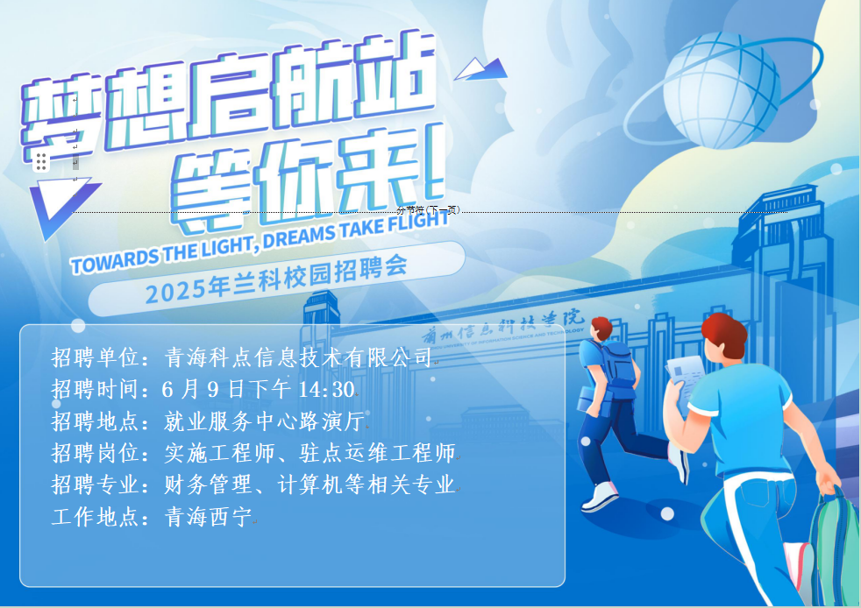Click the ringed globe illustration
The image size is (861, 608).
(723, 90)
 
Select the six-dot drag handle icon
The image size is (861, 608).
(41, 161)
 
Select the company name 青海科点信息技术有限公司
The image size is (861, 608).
(298, 357)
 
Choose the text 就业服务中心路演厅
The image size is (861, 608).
(264, 421)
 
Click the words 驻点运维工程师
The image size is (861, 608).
(377, 453)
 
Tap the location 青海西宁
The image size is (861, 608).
(208, 517)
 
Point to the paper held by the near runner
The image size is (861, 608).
(685, 378)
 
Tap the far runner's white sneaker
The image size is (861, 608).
(600, 496)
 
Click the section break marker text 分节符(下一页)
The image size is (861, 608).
(428, 210)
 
